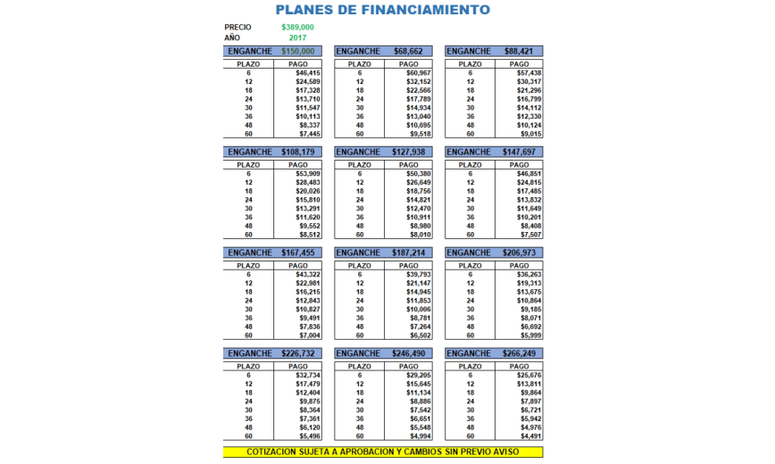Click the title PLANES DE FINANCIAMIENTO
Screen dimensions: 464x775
(382, 11)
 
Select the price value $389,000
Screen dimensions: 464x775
(297, 28)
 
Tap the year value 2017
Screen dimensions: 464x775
(298, 38)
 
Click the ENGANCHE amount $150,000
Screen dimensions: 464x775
(298, 52)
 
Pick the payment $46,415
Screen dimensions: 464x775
(307, 72)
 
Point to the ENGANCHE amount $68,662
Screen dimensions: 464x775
(409, 52)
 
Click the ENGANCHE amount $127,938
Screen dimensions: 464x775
(409, 152)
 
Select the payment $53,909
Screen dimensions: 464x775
(307, 173)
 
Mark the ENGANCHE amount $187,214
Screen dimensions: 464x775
(409, 253)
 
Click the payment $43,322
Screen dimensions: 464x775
(307, 274)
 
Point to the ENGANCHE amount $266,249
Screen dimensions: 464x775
(521, 353)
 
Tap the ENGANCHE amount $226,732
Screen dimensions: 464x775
(298, 353)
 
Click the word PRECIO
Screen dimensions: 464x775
(237, 28)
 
